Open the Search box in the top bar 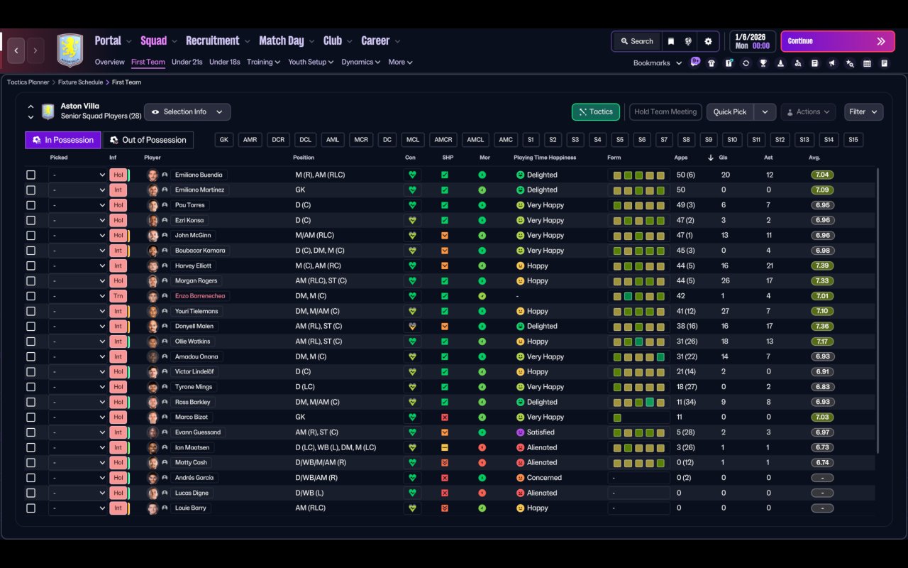point(636,41)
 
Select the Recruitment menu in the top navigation point(212,40)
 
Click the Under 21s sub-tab point(187,62)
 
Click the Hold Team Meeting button point(665,111)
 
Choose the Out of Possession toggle point(148,140)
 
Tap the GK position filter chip point(224,140)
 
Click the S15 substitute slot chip point(853,140)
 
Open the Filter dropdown point(863,111)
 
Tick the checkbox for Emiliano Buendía point(31,175)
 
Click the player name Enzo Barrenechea point(202,296)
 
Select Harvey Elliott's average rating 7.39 point(822,266)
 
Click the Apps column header point(681,158)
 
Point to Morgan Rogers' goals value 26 point(724,280)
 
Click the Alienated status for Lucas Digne point(542,493)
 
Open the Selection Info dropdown point(187,111)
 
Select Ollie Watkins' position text point(318,342)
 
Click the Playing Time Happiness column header point(545,158)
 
